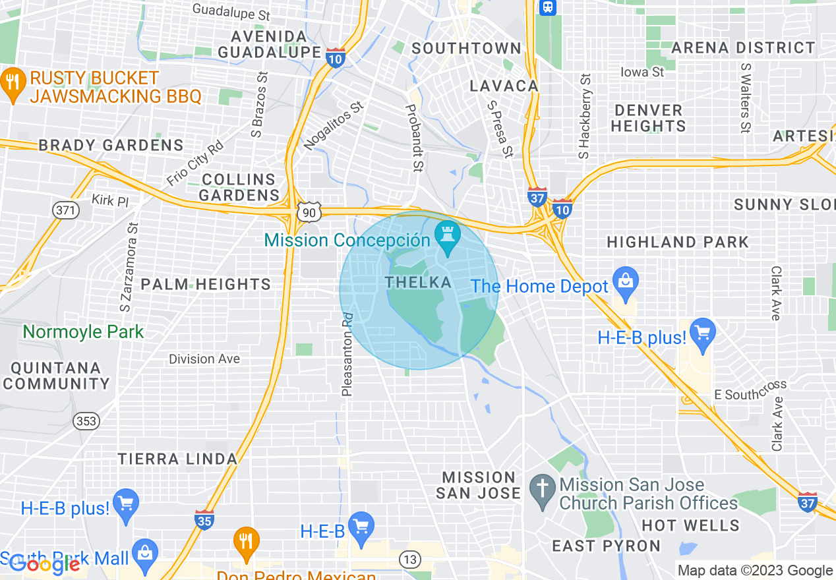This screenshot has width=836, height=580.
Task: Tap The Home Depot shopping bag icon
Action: coord(625,281)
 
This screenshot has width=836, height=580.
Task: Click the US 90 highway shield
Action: coord(309,212)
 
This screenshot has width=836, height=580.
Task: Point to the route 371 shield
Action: coord(65,210)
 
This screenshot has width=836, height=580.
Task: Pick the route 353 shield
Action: coord(86,420)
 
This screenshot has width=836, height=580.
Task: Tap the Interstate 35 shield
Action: coord(204,519)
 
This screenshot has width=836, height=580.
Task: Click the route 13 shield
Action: coord(410,560)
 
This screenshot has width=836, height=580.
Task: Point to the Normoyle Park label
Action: coord(83,332)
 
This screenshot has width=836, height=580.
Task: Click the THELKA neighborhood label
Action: coord(419,283)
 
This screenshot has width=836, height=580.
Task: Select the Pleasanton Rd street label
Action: coord(347,354)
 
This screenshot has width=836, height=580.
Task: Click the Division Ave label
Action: coord(204,359)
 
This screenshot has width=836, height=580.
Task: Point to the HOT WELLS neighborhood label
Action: coord(690,526)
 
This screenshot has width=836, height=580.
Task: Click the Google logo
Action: coord(44,565)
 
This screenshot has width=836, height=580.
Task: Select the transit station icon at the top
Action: coord(547,7)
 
